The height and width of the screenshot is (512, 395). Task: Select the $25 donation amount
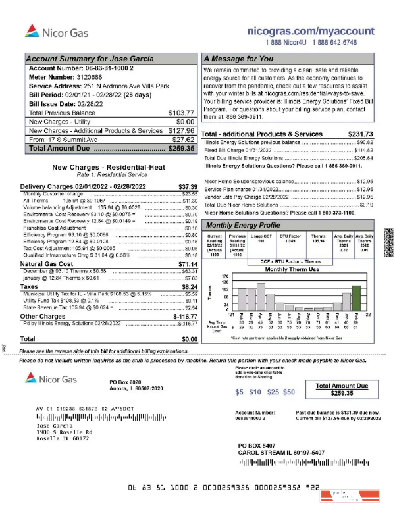(272, 392)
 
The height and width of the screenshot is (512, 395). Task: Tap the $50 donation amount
(288, 392)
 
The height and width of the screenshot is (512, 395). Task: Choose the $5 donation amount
(239, 392)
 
